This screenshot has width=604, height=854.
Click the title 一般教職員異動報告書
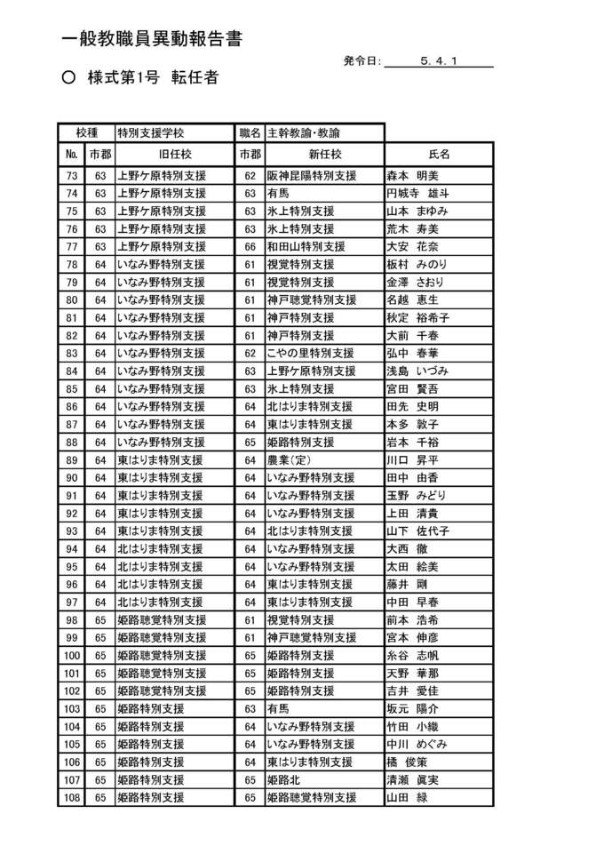(153, 39)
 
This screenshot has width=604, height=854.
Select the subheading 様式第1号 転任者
(152, 78)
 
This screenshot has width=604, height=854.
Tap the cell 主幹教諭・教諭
(304, 132)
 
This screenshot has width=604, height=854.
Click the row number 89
(72, 460)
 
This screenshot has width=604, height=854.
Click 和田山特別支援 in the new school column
(306, 247)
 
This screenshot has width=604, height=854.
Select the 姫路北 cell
(285, 780)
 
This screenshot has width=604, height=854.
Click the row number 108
(72, 798)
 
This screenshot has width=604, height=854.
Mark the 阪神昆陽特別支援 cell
(312, 176)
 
